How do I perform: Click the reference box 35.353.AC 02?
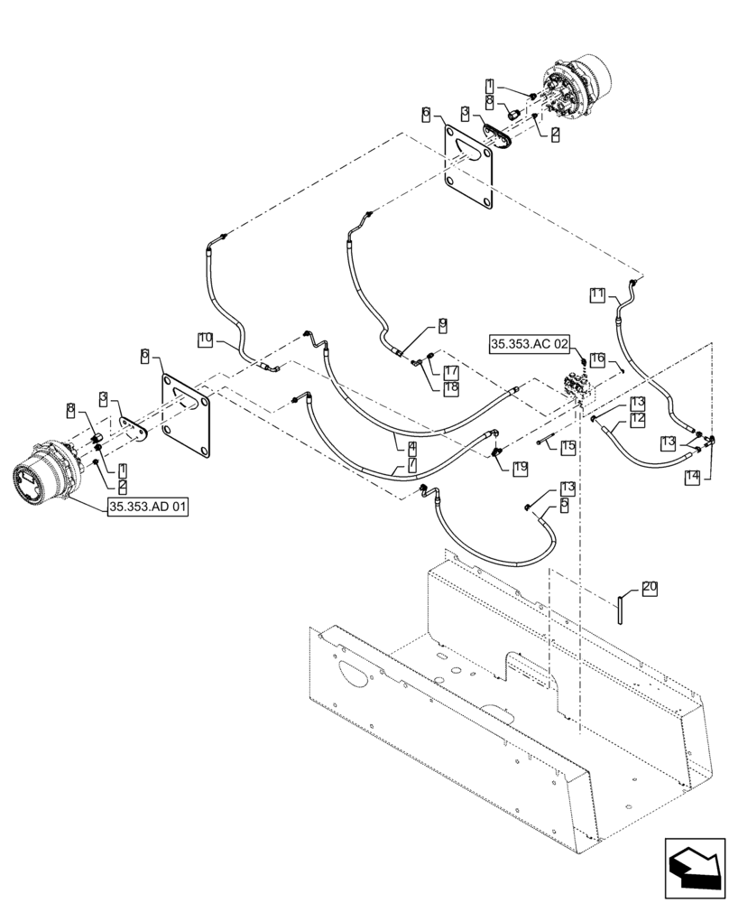coord(531,344)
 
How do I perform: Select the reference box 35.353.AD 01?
coord(147,507)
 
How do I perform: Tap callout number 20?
coord(650,588)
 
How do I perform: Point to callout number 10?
coord(206,339)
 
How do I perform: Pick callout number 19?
coord(520,467)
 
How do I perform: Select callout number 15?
coord(567,447)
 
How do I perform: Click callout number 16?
coord(597,359)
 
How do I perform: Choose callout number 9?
coord(443,323)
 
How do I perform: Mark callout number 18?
coord(451,386)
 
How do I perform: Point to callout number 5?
coord(564,507)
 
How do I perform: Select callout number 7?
coord(411,464)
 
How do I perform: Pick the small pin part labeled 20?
coord(622,607)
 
